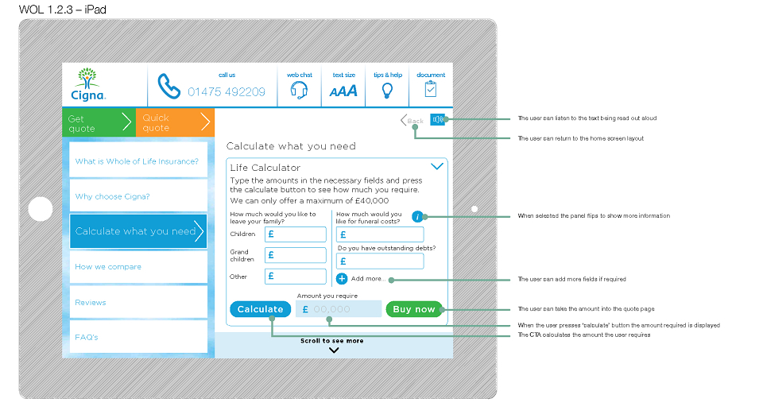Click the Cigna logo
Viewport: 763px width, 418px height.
click(x=88, y=84)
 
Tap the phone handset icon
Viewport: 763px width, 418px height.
click(x=168, y=86)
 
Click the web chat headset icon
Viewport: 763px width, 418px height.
click(x=299, y=90)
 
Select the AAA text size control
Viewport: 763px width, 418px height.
click(x=343, y=91)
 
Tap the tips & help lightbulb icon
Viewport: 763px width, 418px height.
click(x=387, y=91)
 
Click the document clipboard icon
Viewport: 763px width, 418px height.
click(x=431, y=89)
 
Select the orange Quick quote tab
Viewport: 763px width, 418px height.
click(x=175, y=122)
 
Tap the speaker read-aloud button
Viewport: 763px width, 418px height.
click(x=437, y=119)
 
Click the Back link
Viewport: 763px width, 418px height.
click(x=412, y=120)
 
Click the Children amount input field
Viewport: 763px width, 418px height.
click(x=296, y=234)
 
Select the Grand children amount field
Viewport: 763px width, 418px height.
click(x=296, y=255)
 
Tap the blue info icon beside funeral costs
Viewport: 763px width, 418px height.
click(x=417, y=217)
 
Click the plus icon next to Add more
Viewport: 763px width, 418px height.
click(x=342, y=278)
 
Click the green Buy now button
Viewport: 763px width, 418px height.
click(x=414, y=309)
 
